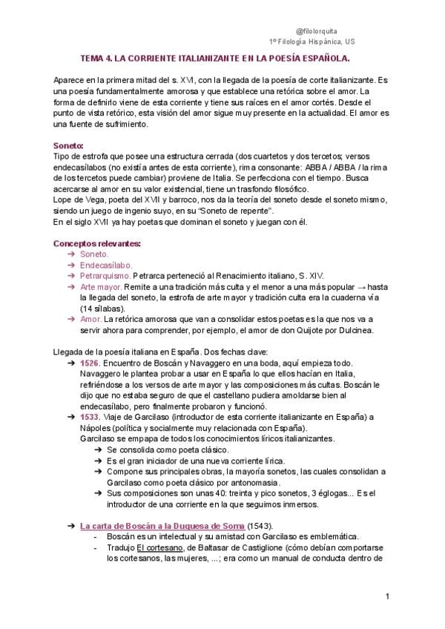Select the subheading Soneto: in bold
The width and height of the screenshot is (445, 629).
(69, 145)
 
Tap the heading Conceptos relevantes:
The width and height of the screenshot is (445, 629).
(97, 243)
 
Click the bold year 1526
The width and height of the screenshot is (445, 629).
(90, 363)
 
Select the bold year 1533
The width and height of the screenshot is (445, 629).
(90, 418)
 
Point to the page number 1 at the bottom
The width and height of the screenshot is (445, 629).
(387, 597)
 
